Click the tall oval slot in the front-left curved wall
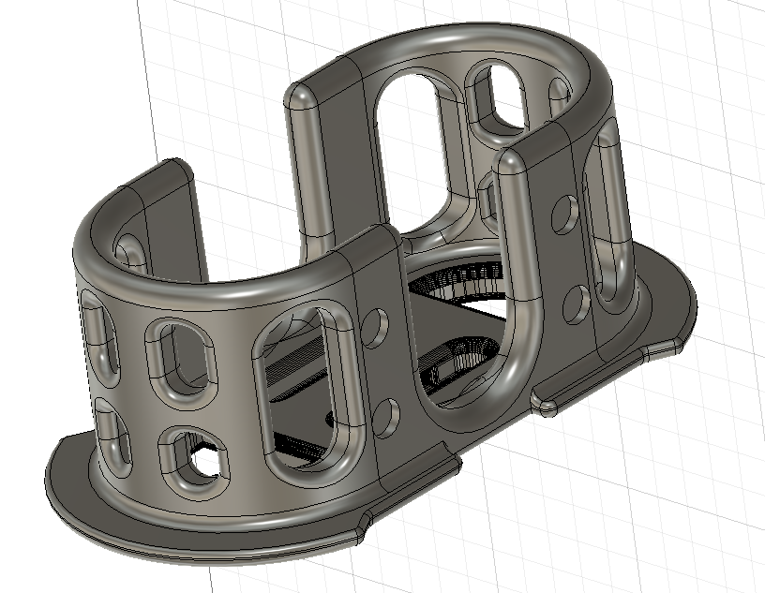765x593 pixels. pos(305,389)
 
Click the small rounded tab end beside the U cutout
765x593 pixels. pos(547,404)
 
